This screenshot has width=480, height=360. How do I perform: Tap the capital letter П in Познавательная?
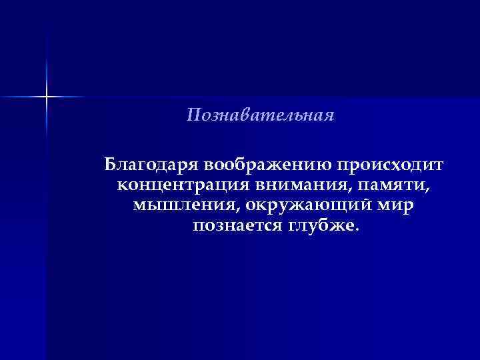click(193, 116)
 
